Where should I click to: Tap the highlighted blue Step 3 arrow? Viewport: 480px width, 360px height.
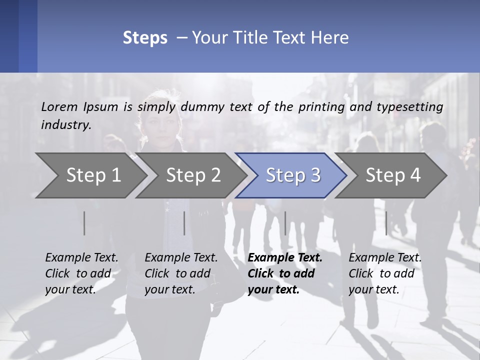(x=293, y=175)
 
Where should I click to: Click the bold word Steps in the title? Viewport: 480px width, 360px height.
(x=145, y=37)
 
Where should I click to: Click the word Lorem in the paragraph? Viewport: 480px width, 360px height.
(x=59, y=106)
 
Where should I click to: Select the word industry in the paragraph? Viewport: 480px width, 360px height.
(x=66, y=125)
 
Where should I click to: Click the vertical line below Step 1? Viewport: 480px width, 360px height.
(x=84, y=223)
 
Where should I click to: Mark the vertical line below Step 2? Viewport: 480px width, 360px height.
(x=184, y=223)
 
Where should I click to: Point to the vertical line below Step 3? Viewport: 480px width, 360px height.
(x=285, y=223)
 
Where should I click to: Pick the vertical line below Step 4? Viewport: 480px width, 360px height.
(x=386, y=223)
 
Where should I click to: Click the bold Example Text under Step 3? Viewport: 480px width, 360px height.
(x=285, y=258)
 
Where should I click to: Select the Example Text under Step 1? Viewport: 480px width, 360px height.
(x=81, y=258)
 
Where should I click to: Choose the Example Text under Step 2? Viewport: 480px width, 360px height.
(x=181, y=258)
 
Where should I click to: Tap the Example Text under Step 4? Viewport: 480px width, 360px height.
(x=385, y=258)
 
